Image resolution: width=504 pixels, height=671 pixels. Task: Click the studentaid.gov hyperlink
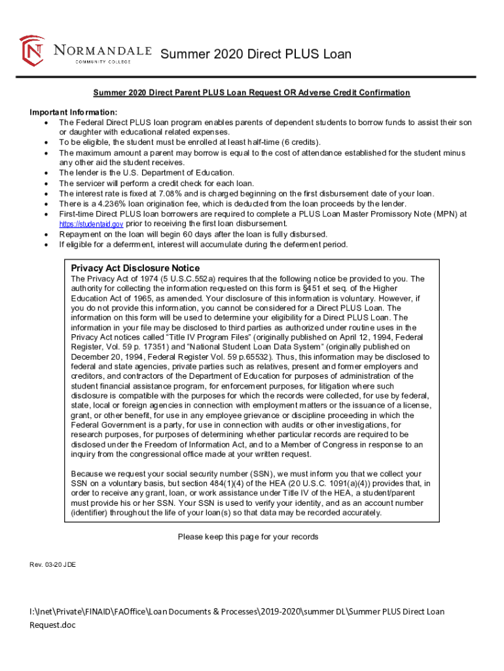[82, 224]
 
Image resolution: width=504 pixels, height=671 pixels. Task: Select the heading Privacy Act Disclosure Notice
[135, 268]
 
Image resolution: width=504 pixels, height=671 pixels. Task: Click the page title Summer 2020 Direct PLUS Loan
[256, 54]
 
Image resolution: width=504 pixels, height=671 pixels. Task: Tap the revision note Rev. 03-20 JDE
[52, 564]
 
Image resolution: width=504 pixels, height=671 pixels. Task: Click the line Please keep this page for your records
[248, 537]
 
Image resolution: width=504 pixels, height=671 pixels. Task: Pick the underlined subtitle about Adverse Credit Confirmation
[251, 92]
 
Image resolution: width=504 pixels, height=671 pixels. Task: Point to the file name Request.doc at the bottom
[53, 625]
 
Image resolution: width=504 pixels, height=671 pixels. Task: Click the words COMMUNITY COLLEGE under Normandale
[103, 62]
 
